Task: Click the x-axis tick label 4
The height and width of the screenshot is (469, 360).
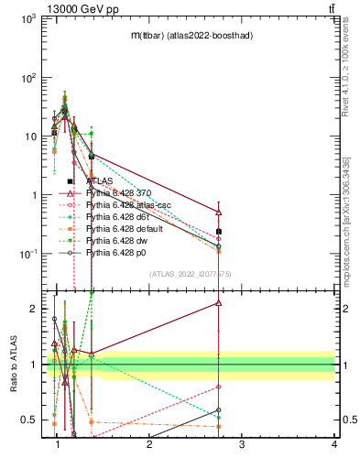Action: click(x=334, y=443)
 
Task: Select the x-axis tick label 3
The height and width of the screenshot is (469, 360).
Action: click(x=242, y=443)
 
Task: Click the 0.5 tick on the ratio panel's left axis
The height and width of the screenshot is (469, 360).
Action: click(x=31, y=420)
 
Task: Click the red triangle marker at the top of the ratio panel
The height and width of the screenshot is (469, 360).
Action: click(x=218, y=302)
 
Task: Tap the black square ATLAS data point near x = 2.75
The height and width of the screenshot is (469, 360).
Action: click(x=218, y=232)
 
